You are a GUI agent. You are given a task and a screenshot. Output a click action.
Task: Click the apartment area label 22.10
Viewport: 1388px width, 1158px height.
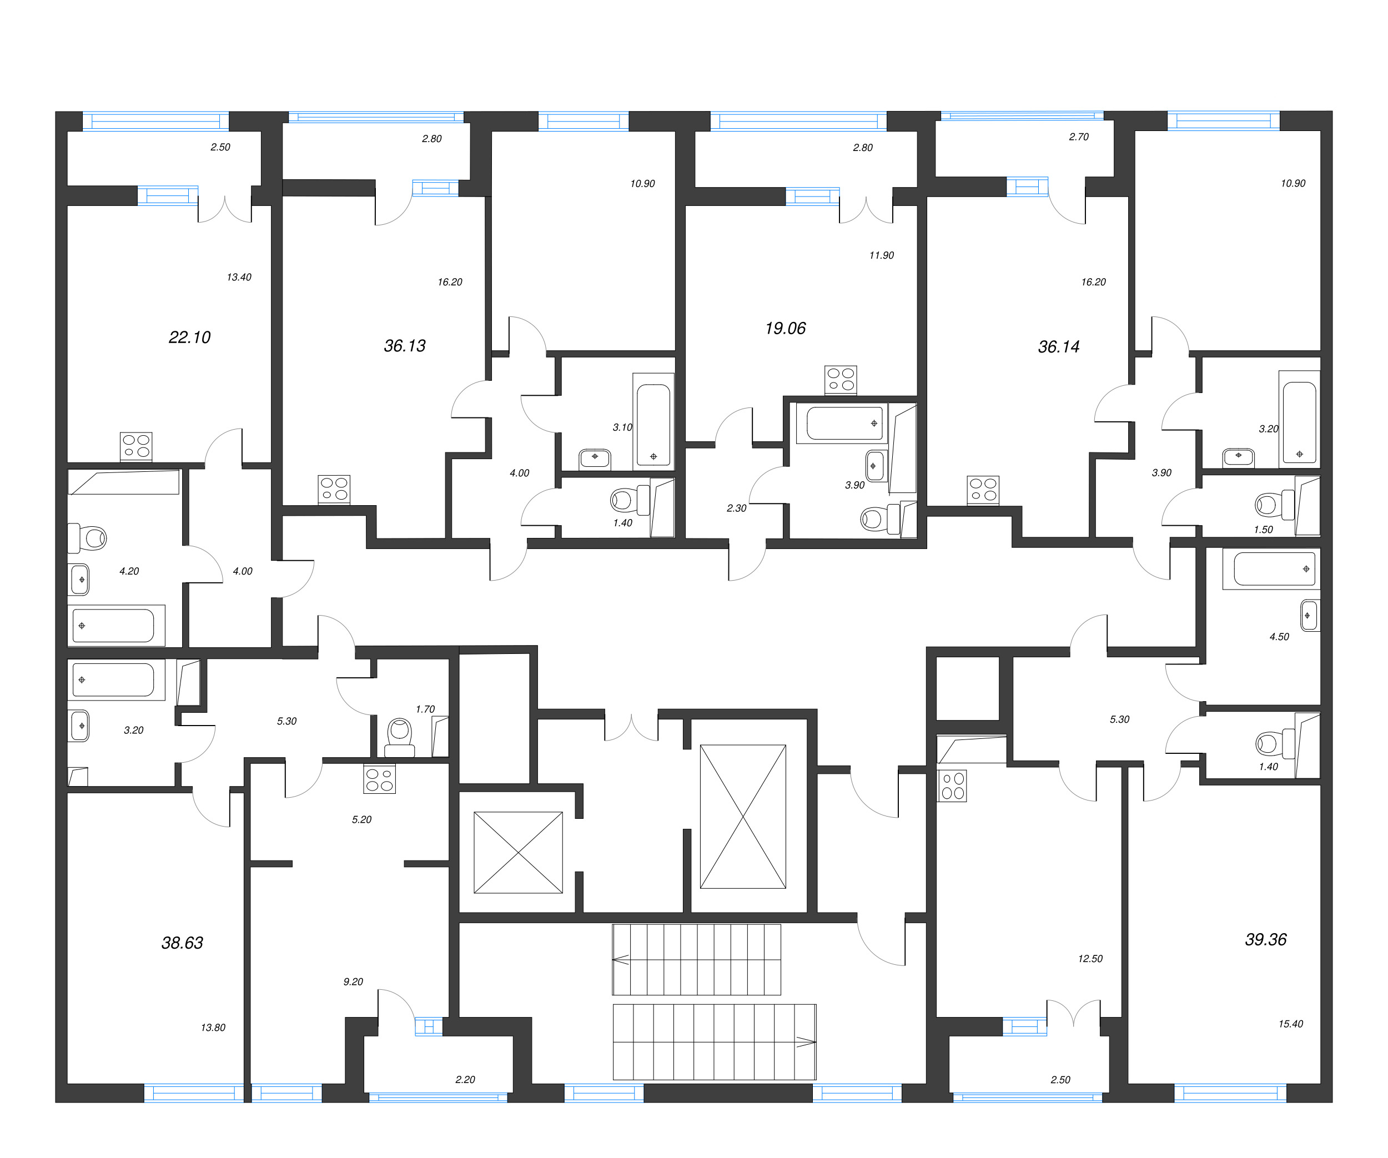pyautogui.click(x=190, y=338)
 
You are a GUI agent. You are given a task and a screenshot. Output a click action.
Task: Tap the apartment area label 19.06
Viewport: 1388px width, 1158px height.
pyautogui.click(x=785, y=329)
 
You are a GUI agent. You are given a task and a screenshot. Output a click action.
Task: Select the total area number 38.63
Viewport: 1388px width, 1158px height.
pyautogui.click(x=183, y=943)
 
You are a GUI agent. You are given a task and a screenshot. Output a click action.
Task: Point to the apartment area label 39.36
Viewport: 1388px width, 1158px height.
pyautogui.click(x=1266, y=940)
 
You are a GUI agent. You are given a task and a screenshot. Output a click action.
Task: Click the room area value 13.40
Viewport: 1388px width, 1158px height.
pyautogui.click(x=239, y=278)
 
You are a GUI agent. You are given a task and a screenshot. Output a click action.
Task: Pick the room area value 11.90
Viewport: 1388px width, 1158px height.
pyautogui.click(x=881, y=256)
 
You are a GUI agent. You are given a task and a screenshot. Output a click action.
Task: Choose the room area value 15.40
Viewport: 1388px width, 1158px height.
pyautogui.click(x=1290, y=1024)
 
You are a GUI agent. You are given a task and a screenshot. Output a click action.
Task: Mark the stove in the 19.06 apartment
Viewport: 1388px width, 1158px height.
pyautogui.click(x=841, y=379)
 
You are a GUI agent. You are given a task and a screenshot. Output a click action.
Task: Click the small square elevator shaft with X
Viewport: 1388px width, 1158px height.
pyautogui.click(x=518, y=853)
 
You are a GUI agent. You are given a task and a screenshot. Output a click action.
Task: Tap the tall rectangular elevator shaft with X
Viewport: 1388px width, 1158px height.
pyautogui.click(x=743, y=817)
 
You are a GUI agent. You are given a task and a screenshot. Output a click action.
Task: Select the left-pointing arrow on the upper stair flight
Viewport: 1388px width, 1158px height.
pyautogui.click(x=621, y=960)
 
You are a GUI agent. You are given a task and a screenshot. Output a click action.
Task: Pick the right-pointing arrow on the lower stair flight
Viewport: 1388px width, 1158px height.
pyautogui.click(x=806, y=1043)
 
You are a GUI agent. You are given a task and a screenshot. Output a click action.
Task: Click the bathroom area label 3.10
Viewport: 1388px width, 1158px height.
pyautogui.click(x=622, y=427)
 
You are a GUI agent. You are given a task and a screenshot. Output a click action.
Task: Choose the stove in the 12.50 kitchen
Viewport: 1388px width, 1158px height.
pyautogui.click(x=952, y=787)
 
